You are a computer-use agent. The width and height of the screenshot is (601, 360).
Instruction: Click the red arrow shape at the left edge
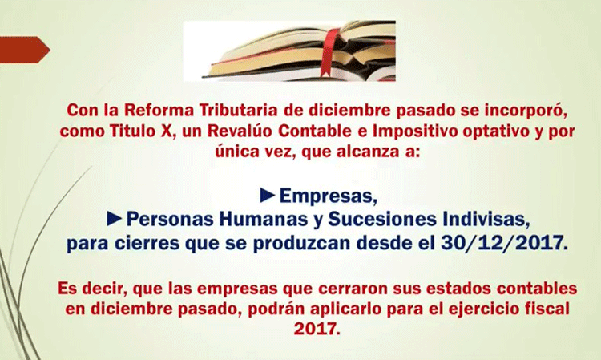pos(24,50)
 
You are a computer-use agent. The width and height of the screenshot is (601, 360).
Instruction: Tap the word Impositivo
pos(415,131)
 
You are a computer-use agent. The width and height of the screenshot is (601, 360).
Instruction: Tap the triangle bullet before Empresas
pos(268,196)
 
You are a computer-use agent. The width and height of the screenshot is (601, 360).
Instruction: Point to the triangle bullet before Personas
pos(115,219)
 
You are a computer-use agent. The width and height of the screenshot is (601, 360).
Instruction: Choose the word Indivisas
pos(486,220)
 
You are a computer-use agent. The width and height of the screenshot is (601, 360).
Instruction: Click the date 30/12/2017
pos(504,243)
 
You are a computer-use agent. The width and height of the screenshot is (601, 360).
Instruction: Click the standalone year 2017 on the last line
pos(317,330)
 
